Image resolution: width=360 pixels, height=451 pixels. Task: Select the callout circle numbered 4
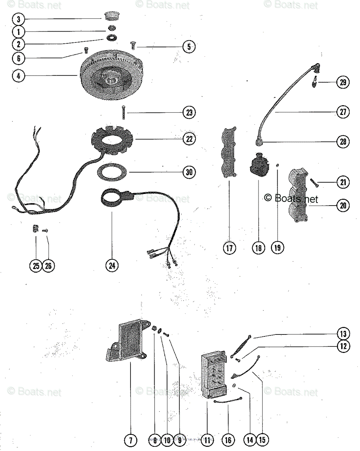(18, 76)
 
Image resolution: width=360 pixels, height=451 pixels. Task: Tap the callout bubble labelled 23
(189, 112)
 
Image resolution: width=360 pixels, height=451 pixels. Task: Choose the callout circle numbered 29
(342, 82)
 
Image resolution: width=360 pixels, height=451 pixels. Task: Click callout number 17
(229, 248)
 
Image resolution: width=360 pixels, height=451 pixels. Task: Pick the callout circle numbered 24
(112, 265)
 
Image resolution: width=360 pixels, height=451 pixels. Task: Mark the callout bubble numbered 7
(131, 440)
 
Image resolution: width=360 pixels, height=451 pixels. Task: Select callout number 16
(228, 440)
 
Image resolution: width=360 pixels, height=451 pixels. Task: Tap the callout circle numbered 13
(342, 334)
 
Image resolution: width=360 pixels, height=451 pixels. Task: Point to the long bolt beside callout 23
(123, 112)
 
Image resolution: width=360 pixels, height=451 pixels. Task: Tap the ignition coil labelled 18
(258, 166)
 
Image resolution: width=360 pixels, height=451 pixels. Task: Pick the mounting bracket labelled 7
(128, 342)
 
